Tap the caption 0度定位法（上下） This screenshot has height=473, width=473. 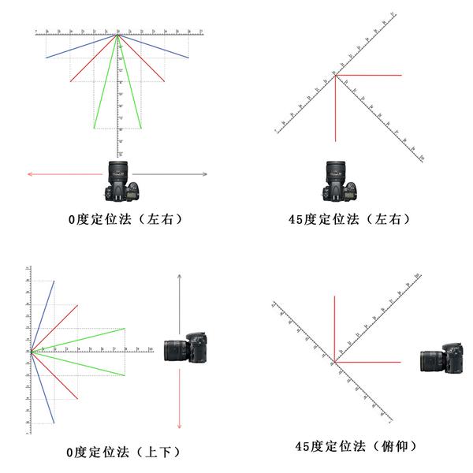125,452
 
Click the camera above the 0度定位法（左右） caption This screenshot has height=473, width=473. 120,181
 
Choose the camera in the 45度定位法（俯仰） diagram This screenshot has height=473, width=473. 445,359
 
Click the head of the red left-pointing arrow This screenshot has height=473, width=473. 30,173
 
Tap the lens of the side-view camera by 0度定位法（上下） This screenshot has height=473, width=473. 174,350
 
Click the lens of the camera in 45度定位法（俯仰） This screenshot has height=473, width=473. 430,362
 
